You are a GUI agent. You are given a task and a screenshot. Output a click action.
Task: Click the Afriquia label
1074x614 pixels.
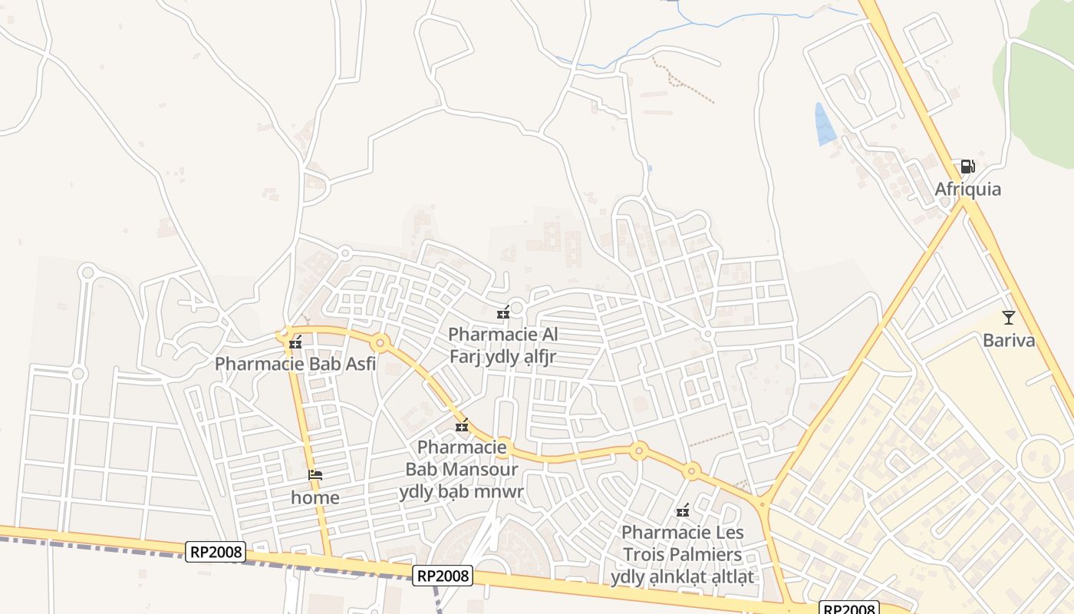point(967,189)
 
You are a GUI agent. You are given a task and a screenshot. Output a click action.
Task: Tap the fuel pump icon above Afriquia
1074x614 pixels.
point(967,167)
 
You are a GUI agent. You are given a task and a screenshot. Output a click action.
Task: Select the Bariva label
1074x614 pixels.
point(1009,340)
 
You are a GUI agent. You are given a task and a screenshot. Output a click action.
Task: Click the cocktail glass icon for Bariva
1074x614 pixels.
point(1009,317)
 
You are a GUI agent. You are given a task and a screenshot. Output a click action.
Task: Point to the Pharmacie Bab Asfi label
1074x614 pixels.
point(295,364)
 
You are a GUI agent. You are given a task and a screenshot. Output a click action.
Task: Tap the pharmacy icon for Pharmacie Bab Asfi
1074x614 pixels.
point(295,344)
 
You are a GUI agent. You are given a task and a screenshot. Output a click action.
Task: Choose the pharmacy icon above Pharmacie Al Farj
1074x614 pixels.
point(503,312)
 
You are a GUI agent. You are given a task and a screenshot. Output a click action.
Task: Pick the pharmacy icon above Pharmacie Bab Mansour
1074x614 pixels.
point(462,426)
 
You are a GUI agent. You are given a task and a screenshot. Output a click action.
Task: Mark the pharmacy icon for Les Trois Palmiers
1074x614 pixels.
point(682,511)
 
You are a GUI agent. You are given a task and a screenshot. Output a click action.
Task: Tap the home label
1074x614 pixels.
point(315,497)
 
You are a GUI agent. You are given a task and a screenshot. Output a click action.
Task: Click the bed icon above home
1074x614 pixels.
point(315,475)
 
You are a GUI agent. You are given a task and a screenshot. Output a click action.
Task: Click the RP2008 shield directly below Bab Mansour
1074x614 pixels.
point(443,576)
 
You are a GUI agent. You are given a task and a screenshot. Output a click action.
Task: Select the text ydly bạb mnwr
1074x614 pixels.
point(461,491)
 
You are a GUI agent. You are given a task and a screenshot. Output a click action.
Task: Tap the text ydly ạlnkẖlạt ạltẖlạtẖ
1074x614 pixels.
point(682,576)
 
